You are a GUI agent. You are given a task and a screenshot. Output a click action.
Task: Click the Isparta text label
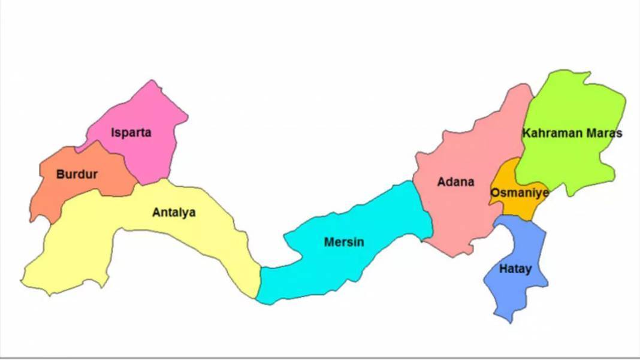[131, 132]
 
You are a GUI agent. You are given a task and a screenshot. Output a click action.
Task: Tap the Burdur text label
[77, 174]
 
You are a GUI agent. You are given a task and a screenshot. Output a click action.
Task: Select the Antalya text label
[174, 212]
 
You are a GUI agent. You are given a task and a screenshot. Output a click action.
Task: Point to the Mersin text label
[344, 242]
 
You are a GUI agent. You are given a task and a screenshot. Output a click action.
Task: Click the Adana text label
[455, 181]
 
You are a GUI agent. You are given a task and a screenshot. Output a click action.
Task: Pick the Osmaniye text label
[519, 193]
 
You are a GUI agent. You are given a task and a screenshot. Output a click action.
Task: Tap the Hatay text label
[515, 269]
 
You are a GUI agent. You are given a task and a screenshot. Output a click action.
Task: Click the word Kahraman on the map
[551, 133]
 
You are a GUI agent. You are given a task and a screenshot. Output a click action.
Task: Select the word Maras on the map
[603, 133]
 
